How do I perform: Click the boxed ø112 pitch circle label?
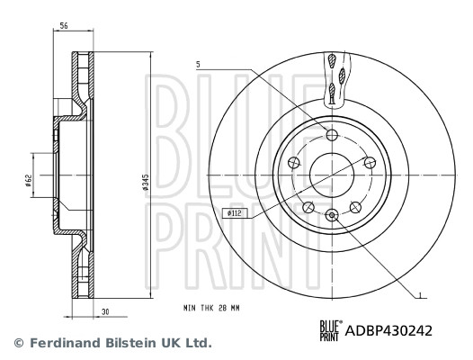click(235, 212)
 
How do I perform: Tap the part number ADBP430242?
click(389, 330)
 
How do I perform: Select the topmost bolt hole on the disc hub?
click(333, 135)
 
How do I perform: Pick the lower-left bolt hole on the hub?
click(309, 207)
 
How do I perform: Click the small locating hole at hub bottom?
click(333, 214)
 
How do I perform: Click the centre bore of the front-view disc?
click(333, 174)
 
